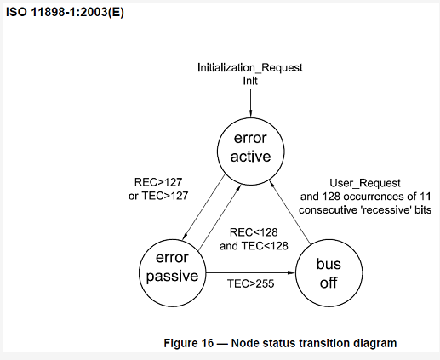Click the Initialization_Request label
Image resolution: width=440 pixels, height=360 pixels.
[x=250, y=68]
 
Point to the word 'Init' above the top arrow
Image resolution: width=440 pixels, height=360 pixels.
[x=250, y=81]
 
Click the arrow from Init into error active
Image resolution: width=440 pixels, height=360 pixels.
[x=250, y=102]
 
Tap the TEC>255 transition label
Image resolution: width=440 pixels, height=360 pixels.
[x=251, y=283]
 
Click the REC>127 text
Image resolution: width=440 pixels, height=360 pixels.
[x=158, y=182]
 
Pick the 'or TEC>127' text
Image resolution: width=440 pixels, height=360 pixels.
[x=158, y=196]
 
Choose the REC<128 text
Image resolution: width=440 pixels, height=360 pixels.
[x=254, y=232]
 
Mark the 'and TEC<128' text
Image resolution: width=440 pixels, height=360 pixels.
[x=254, y=246]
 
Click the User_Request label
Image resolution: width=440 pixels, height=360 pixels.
[x=365, y=183]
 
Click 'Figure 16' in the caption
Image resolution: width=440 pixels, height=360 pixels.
[x=188, y=343]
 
